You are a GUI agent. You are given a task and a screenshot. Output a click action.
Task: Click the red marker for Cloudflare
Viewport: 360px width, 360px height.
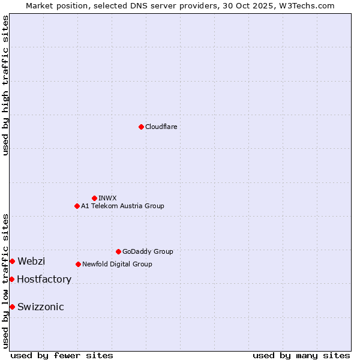tap(141, 127)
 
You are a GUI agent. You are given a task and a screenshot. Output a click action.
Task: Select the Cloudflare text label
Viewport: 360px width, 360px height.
tap(161, 127)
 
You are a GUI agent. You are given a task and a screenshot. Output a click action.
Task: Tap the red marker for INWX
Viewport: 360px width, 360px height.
tap(94, 198)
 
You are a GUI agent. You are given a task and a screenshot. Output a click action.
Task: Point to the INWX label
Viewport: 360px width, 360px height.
tap(107, 198)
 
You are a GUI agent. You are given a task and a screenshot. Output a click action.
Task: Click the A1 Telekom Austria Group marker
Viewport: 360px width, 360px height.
tap(77, 206)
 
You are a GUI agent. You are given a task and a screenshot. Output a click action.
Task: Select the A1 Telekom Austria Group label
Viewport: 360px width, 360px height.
tap(122, 206)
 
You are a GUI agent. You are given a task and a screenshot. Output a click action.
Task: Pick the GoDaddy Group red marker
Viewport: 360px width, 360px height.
tap(118, 251)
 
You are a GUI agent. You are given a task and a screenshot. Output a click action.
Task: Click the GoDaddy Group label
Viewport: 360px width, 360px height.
tap(148, 252)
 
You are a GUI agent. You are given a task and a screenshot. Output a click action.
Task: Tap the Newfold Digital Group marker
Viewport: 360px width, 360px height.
tap(78, 264)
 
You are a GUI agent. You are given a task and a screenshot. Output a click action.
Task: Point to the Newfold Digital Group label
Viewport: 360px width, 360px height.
tap(117, 265)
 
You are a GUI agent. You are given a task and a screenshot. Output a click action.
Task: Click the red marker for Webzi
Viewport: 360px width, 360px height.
tap(12, 261)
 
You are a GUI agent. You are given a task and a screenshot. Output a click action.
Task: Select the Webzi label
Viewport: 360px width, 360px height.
tap(31, 261)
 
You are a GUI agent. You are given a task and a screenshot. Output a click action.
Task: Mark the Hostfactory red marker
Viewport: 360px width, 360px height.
tap(11, 279)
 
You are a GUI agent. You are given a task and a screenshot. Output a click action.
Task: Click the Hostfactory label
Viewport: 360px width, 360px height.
tap(44, 280)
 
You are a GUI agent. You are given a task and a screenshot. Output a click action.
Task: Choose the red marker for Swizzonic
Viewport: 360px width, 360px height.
tap(12, 307)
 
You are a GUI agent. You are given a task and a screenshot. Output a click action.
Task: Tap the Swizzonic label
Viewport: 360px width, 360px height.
tap(40, 307)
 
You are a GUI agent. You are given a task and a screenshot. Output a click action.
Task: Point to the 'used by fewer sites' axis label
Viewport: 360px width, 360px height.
tap(62, 356)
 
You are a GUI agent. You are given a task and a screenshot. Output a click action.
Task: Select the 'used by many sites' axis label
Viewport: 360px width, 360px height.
tap(301, 356)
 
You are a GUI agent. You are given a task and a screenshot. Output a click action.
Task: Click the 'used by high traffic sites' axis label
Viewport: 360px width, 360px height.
tap(5, 85)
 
